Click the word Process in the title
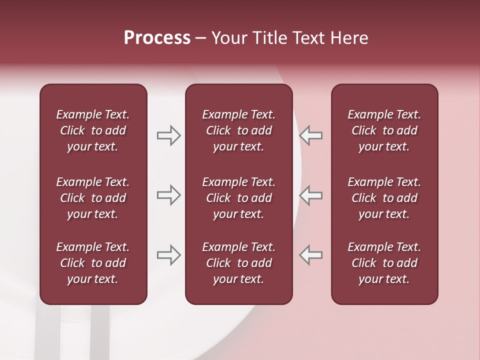point(157,38)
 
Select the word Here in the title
point(349,38)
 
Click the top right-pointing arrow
point(168,135)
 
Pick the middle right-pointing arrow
point(168,195)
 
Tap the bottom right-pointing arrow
point(168,255)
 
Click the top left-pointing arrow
point(310,135)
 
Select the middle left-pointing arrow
point(310,195)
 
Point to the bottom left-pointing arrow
point(310,255)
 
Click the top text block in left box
point(93,130)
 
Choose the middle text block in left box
point(93,198)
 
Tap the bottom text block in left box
point(93,263)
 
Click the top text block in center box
point(239,130)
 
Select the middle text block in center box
point(239,198)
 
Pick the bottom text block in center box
point(239,263)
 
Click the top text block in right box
point(384,130)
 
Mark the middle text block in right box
point(384,198)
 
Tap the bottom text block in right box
point(384,263)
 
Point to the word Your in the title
point(228,38)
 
